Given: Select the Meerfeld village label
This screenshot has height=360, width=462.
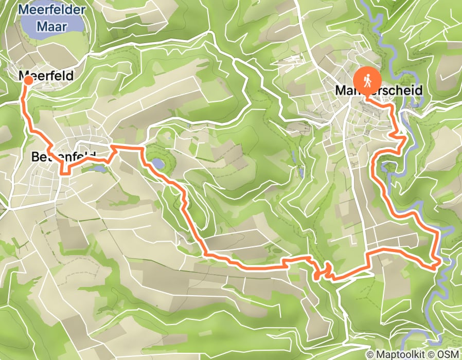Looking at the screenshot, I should click(x=47, y=76).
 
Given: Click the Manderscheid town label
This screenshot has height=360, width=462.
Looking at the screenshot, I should click(x=379, y=91).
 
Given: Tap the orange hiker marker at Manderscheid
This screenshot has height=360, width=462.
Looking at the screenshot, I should click(x=369, y=80).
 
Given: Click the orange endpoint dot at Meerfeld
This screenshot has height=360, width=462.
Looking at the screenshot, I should click(x=28, y=80).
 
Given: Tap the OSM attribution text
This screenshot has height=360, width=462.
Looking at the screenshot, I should click(x=447, y=354).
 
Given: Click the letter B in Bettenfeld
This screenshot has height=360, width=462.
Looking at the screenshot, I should click(x=35, y=156).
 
